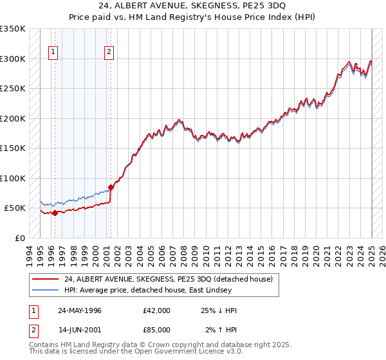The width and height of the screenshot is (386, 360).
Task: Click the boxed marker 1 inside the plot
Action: (x=53, y=53)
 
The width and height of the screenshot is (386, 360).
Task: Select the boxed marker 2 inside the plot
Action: (x=109, y=53)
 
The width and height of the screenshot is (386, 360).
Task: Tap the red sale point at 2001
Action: (x=111, y=188)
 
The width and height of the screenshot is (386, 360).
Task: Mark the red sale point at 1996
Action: (x=55, y=213)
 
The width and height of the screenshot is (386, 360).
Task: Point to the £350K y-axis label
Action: (x=13, y=29)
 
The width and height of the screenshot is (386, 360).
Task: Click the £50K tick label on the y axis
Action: (x=14, y=208)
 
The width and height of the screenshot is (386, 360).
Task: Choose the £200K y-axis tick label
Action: (x=13, y=118)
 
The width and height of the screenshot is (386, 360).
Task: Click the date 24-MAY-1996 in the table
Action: (x=80, y=310)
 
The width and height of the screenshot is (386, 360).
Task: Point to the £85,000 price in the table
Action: (x=157, y=330)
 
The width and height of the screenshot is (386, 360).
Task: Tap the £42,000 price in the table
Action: (x=157, y=310)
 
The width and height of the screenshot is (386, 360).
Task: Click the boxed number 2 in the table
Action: (x=32, y=330)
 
